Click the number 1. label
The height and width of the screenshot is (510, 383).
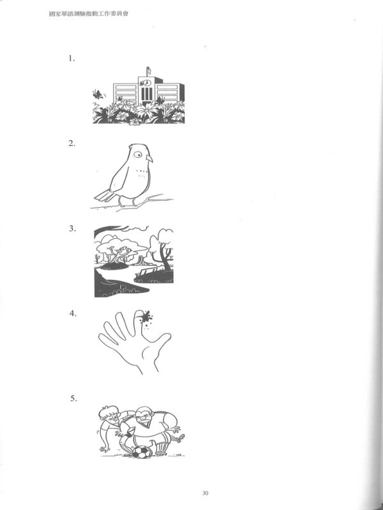coord(71,59)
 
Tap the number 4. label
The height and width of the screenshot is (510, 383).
coord(73,314)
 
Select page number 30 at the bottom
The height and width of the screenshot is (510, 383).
coord(205,493)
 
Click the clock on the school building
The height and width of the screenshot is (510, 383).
coord(146,83)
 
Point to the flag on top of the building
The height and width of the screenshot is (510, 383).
coord(148,71)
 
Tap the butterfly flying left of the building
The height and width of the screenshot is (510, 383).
coord(98,94)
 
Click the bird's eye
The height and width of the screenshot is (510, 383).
coord(138,155)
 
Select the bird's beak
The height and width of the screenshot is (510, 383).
coord(149,158)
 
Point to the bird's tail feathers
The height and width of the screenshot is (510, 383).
coord(104,196)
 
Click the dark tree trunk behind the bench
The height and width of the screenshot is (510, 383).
coord(165,258)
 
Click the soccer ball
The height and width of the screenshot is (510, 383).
coord(142,452)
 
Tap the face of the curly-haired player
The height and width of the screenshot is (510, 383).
coord(112,417)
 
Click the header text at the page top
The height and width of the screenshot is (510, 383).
coord(88,13)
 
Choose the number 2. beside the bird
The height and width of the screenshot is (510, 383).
coord(71,143)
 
